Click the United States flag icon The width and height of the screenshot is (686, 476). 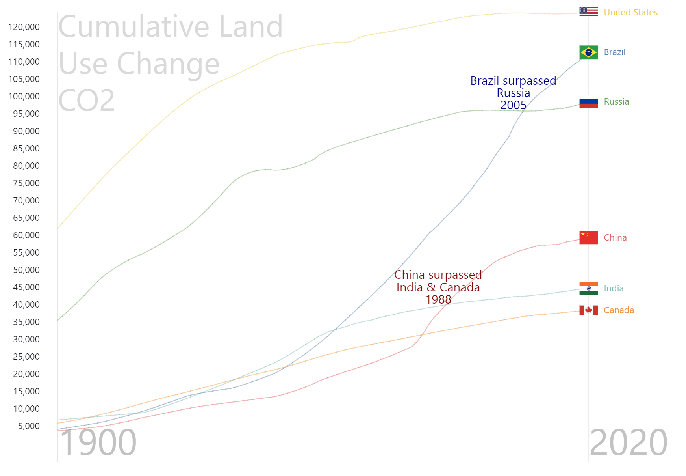(588, 12)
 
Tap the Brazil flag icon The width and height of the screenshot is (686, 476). (588, 52)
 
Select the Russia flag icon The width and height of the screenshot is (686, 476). (588, 103)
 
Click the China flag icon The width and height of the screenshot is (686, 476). (588, 237)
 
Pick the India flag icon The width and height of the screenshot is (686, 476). (588, 288)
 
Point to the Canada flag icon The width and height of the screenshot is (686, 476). (588, 310)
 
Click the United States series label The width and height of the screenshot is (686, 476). (630, 13)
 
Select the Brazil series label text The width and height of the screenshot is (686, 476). (614, 52)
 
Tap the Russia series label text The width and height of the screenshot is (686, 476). (616, 102)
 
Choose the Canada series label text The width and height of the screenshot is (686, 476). (619, 310)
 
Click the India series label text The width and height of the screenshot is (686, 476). (614, 289)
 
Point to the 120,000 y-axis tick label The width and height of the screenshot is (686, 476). (24, 27)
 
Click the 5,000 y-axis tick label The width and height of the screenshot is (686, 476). (29, 426)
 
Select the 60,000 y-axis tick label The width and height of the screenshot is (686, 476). (26, 235)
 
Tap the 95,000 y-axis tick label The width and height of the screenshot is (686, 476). (26, 114)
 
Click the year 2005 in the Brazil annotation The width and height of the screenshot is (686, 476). (513, 105)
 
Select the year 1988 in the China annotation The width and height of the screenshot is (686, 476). (438, 300)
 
